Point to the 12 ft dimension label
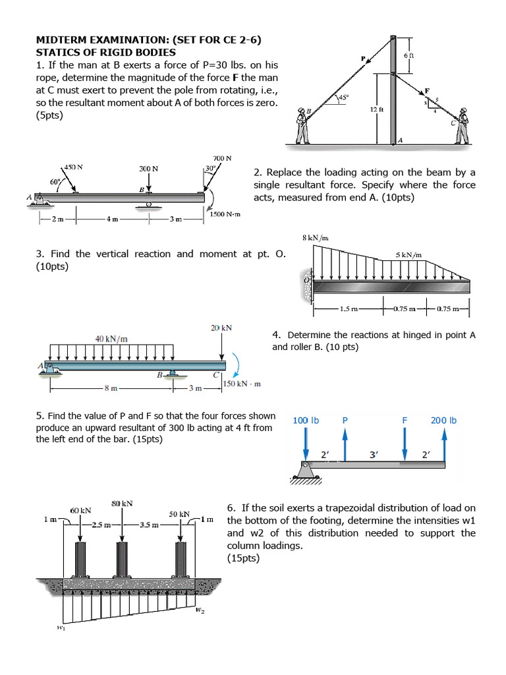(x=376, y=109)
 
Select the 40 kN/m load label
(x=111, y=339)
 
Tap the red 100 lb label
(x=306, y=420)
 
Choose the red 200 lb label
(x=444, y=420)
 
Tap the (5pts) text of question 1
(x=50, y=115)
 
